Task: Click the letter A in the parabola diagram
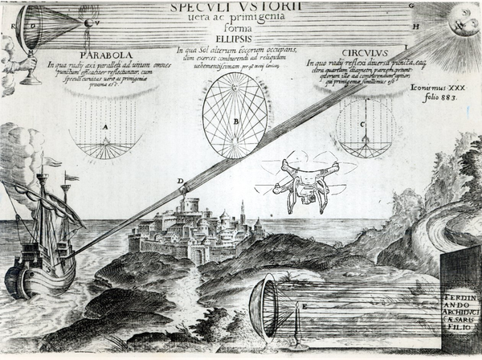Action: pyautogui.click(x=104, y=128)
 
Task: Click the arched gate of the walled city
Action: pyautogui.click(x=196, y=255)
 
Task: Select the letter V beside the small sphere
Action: pyautogui.click(x=97, y=23)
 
